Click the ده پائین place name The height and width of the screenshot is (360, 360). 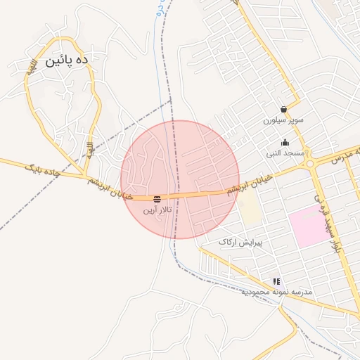click(67, 61)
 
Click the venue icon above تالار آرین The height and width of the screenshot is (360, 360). click(156, 200)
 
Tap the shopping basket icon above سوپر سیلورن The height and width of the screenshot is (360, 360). click(283, 110)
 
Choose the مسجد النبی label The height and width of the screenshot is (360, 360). click(285, 153)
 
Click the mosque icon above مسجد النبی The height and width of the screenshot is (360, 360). click(285, 142)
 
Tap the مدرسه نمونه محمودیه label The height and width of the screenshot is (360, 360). click(275, 291)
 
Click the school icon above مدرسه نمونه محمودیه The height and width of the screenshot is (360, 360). click(276, 281)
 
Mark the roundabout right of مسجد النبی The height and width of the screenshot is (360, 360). click(309, 164)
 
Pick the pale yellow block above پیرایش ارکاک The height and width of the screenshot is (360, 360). click(248, 207)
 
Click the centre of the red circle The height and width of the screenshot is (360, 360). click(180, 179)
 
